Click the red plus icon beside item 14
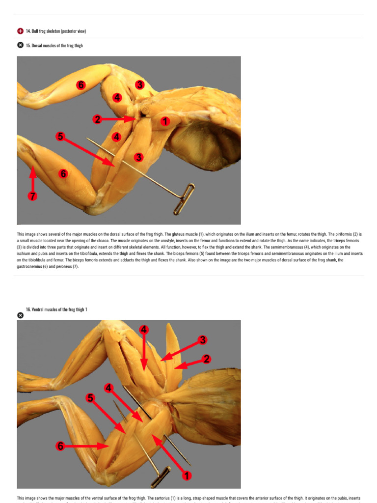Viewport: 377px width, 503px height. [20, 31]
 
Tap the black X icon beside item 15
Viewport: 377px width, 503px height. [20, 45]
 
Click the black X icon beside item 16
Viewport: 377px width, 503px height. [20, 315]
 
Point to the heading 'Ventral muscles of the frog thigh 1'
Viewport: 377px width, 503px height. [59, 309]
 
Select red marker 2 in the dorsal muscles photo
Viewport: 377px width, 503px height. [98, 119]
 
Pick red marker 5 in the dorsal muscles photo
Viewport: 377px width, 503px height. [60, 136]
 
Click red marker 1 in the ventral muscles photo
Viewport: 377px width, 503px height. [186, 475]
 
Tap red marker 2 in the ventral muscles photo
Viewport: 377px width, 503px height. [207, 359]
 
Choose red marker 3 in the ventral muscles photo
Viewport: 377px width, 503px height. [202, 339]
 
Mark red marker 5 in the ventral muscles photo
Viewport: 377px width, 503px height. [90, 398]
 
